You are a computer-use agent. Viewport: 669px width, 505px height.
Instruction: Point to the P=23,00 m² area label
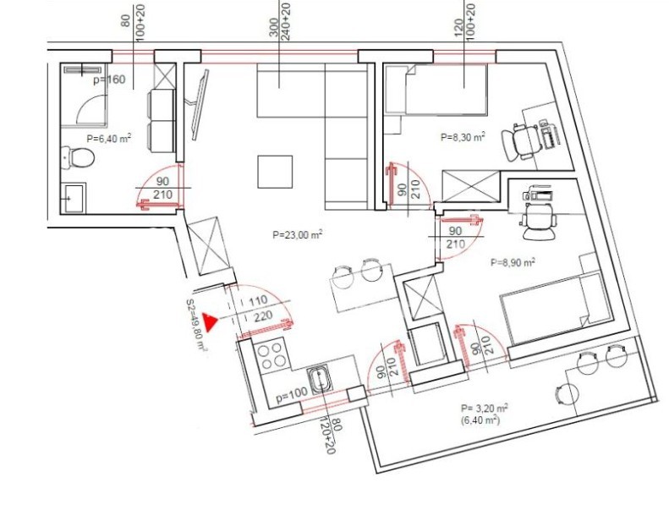pos(297,235)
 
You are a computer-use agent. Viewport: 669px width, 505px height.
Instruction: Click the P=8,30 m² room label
pos(463,137)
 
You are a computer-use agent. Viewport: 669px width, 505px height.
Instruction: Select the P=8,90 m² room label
pos(513,262)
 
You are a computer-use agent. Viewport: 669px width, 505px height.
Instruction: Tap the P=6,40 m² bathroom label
pos(109,139)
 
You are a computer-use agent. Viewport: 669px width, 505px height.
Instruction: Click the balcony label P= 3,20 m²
pos(485,408)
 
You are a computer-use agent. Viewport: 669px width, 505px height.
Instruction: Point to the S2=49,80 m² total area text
pos(197,326)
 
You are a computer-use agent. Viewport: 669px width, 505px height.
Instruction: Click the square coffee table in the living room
pos(275,172)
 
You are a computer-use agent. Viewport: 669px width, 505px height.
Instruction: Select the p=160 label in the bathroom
pos(109,80)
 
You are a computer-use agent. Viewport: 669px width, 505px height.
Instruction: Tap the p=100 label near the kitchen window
pos(292,397)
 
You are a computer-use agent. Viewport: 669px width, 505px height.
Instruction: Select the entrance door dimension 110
pos(258,300)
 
